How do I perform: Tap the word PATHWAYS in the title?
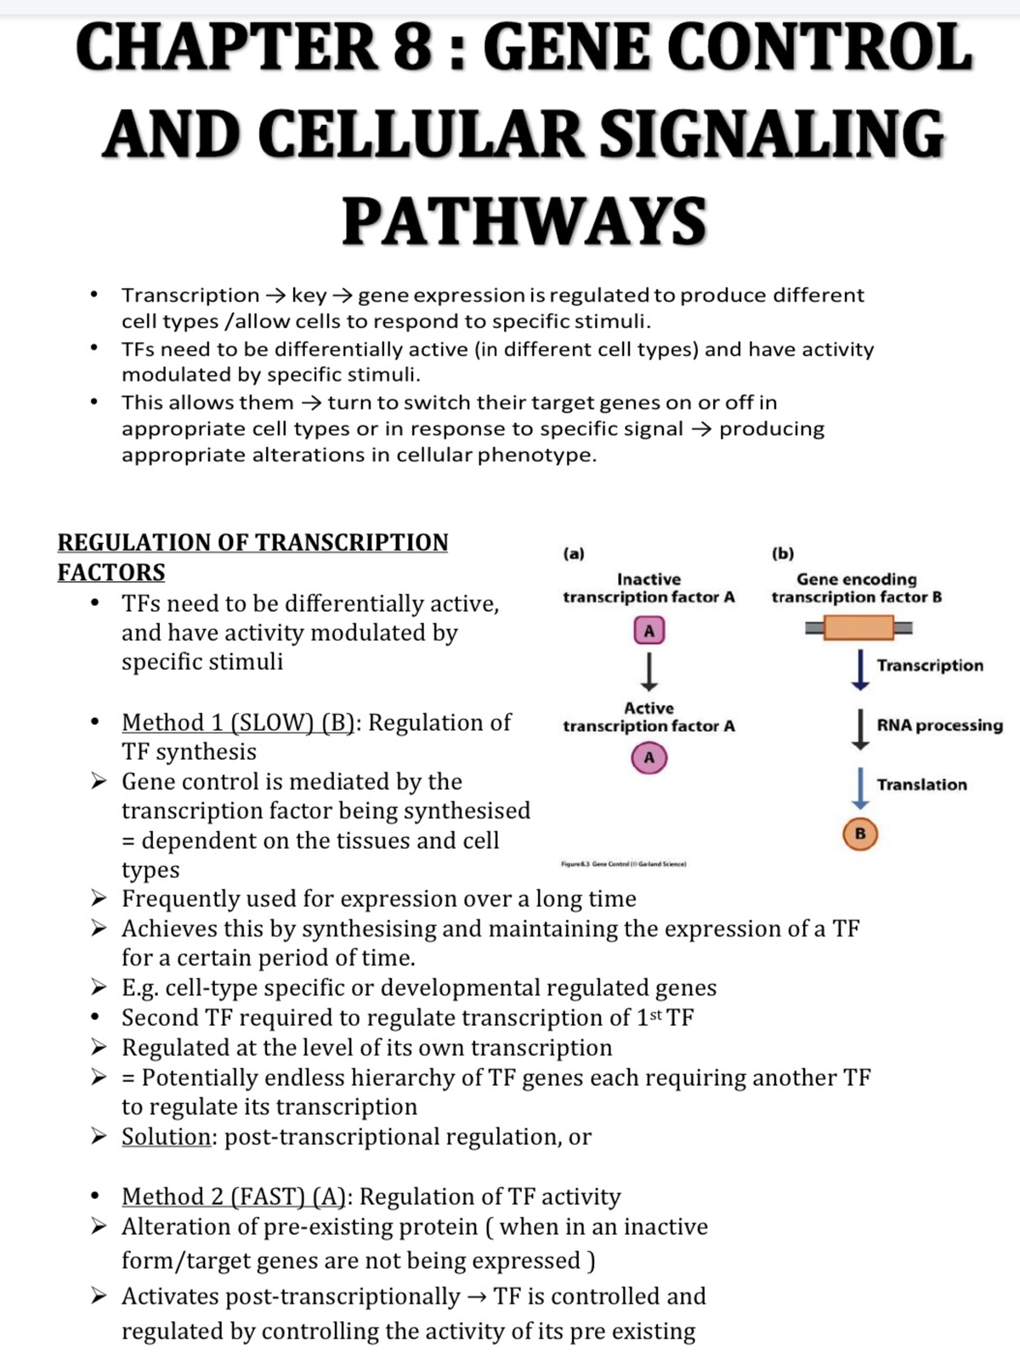click(524, 221)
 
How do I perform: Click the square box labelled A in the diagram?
click(649, 631)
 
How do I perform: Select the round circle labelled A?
click(649, 756)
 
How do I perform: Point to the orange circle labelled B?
click(860, 834)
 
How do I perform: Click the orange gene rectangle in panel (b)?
click(858, 628)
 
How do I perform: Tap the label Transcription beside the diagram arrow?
click(930, 665)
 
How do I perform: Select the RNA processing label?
click(939, 726)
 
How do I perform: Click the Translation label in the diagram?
click(921, 784)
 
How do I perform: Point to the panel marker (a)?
click(574, 553)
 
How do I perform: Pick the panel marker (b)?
click(783, 553)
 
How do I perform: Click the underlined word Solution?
click(167, 1136)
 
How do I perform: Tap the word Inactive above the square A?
click(649, 579)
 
